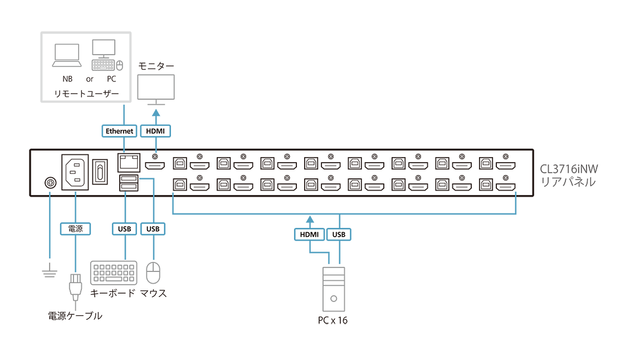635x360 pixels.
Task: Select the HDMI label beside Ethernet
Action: pos(155,131)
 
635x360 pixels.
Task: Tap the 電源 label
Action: pos(75,228)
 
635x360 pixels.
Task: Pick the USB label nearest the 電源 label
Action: pos(125,229)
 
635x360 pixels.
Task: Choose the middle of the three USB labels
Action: pos(153,229)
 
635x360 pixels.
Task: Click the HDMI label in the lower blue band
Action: pos(309,235)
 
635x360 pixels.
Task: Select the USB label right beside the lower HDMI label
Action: pos(339,235)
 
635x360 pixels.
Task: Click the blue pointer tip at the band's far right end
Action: pos(517,193)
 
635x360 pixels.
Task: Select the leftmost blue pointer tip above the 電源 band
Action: pos(50,193)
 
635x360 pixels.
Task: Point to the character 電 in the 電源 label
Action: pos(71,228)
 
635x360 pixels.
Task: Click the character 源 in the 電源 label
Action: pos(79,228)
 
